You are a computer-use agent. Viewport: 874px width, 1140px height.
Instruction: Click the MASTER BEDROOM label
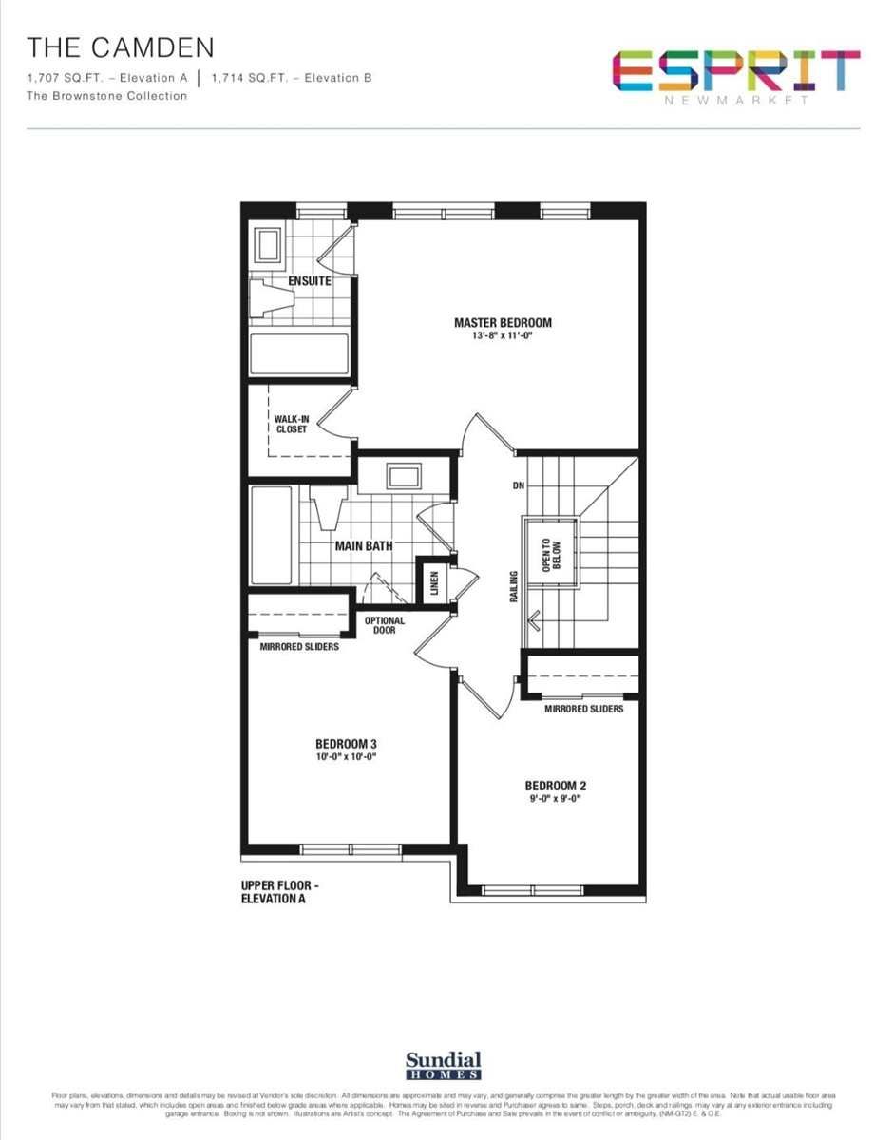(x=503, y=322)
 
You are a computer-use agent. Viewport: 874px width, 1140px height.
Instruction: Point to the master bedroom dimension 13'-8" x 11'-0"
(x=503, y=336)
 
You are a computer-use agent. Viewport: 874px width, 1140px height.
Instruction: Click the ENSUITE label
(x=310, y=281)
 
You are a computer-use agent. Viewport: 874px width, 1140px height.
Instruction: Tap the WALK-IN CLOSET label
(x=291, y=424)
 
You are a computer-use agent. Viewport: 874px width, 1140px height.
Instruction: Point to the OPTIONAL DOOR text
(x=385, y=625)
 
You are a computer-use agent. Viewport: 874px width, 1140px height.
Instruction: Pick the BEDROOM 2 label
(x=556, y=786)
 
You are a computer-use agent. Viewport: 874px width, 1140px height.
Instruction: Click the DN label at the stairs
(x=518, y=486)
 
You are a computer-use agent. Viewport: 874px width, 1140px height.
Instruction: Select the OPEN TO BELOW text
(x=550, y=554)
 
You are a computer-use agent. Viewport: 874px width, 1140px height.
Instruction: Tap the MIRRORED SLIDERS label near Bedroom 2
(x=584, y=709)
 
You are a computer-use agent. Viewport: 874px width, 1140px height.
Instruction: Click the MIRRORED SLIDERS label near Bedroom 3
(x=299, y=647)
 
